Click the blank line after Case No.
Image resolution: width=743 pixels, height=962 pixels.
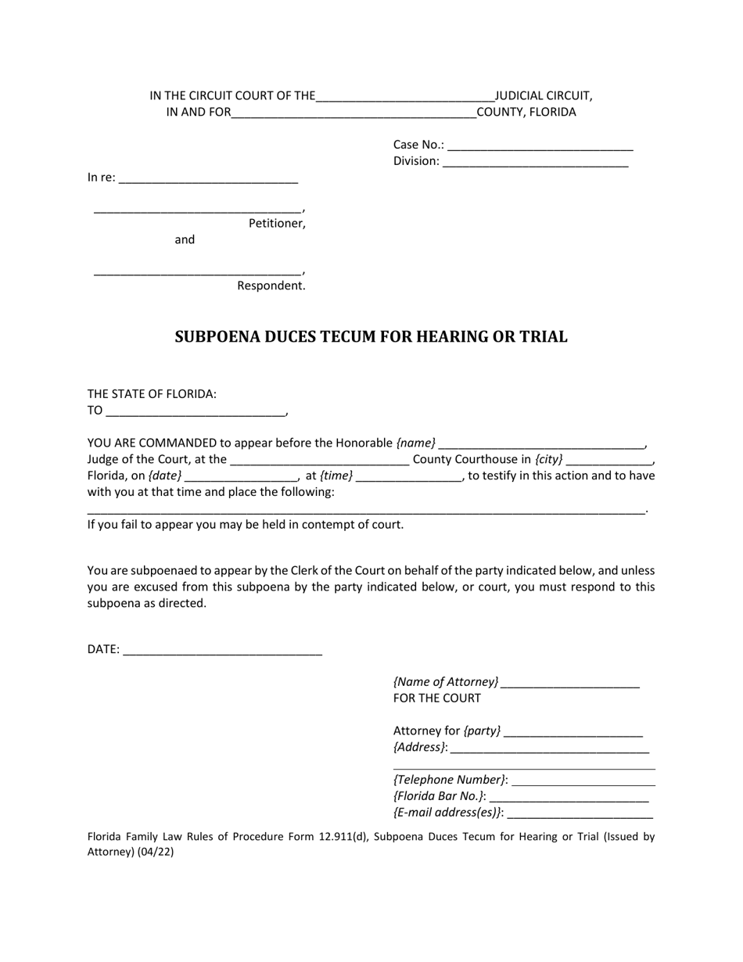coord(540,145)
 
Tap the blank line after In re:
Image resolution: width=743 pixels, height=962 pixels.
coord(209,178)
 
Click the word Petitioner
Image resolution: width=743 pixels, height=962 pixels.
coord(277,224)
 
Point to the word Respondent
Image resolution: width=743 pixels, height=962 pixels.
coord(271,286)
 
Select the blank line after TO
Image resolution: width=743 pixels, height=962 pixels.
coord(196,411)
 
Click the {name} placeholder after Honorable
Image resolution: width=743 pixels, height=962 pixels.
coord(416,443)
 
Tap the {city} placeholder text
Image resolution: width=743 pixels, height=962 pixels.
coord(548,460)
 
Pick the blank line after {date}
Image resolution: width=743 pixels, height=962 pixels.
coord(242,476)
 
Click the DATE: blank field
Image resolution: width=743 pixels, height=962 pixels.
coord(223,649)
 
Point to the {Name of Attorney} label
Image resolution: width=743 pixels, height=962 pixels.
coord(446,682)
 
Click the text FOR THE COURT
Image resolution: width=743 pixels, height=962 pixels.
coord(436,698)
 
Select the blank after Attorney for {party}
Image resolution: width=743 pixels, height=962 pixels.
coord(573,731)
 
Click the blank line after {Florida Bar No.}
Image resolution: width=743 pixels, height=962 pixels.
coord(569,796)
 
